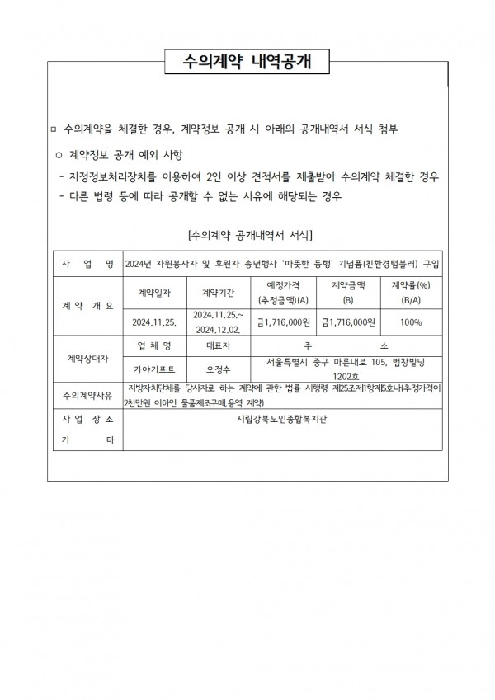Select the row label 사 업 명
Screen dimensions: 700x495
pos(87,264)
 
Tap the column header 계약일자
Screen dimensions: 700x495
pos(155,291)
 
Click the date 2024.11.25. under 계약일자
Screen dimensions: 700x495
pos(155,322)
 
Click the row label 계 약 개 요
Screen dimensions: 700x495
pos(87,306)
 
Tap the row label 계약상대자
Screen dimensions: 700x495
pos(87,359)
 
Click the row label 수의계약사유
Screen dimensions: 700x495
pos(87,396)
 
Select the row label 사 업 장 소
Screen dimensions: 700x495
pos(87,419)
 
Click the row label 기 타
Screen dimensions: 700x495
pos(87,441)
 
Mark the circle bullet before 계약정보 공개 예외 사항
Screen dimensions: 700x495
pos(59,155)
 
